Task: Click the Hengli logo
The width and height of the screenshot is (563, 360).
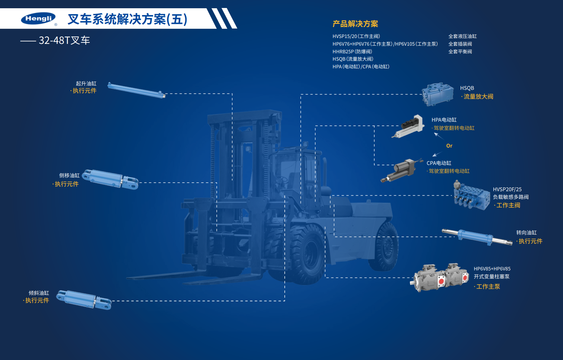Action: pyautogui.click(x=39, y=19)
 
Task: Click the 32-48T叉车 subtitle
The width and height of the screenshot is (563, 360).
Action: pyautogui.click(x=64, y=40)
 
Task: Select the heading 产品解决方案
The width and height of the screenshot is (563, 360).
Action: pyautogui.click(x=355, y=24)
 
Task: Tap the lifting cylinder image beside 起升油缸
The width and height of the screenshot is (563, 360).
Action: pyautogui.click(x=136, y=90)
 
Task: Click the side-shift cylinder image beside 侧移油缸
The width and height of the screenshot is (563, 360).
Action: pyautogui.click(x=110, y=179)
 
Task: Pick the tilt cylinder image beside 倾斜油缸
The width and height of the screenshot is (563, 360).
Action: pyautogui.click(x=84, y=300)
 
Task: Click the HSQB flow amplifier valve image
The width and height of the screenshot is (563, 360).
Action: pyautogui.click(x=438, y=94)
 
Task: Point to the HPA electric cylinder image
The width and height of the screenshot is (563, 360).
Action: pyautogui.click(x=408, y=126)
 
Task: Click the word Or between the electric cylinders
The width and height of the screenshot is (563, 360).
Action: pyautogui.click(x=449, y=146)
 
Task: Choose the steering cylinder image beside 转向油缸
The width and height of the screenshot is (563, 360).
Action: pyautogui.click(x=477, y=237)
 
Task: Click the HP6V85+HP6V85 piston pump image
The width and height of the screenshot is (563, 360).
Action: pyautogui.click(x=439, y=278)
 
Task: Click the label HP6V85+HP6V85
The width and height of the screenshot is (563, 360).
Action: pyautogui.click(x=492, y=269)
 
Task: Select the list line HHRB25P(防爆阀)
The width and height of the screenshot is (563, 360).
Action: pyautogui.click(x=352, y=52)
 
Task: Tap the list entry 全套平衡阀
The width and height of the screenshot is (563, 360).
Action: pyautogui.click(x=460, y=52)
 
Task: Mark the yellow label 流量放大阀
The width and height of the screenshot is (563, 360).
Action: pyautogui.click(x=478, y=97)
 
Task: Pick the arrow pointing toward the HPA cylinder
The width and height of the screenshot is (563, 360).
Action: pyautogui.click(x=439, y=136)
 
